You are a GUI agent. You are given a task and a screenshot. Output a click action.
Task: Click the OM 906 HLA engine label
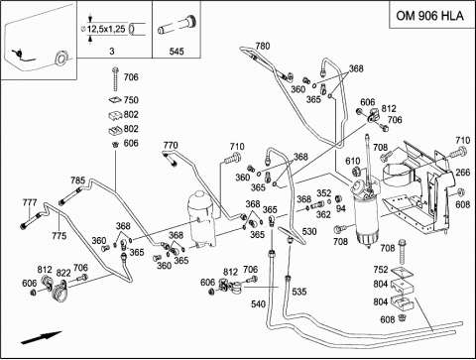tap(429, 16)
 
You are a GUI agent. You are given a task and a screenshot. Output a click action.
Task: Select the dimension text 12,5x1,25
tap(106, 29)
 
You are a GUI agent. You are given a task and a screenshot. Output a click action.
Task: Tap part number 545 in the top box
tap(177, 52)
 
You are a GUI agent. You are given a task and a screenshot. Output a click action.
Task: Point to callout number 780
tap(263, 46)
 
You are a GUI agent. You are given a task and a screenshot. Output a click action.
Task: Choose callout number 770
tap(171, 145)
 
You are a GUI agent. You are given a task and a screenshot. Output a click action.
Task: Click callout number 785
tap(77, 180)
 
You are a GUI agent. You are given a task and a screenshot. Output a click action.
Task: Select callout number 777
tap(30, 202)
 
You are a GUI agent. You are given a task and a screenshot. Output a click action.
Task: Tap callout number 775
tap(59, 236)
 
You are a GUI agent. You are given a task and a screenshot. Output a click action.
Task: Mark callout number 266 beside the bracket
tap(463, 173)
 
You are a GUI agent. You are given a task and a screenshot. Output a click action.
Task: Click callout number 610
tap(353, 161)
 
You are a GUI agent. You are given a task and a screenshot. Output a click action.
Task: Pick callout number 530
tap(309, 231)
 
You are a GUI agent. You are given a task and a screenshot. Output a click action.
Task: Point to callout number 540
tap(258, 303)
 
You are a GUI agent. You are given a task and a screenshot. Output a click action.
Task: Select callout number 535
tap(299, 292)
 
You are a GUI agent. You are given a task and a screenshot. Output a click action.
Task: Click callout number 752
tap(381, 270)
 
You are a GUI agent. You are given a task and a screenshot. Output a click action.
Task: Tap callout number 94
tap(341, 208)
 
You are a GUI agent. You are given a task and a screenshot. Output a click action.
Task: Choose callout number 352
tap(324, 193)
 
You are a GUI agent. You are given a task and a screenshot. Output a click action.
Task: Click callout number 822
tap(63, 273)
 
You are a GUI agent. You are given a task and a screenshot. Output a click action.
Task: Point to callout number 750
tap(131, 100)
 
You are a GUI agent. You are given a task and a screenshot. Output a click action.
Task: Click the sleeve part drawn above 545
tap(178, 26)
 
